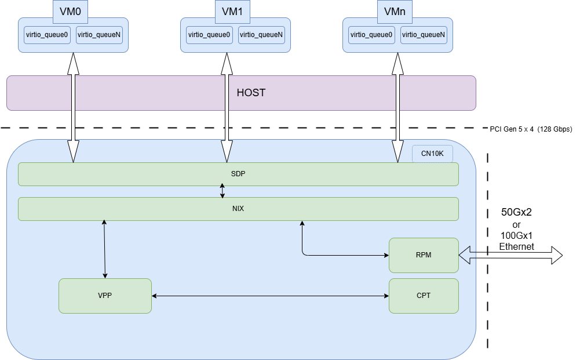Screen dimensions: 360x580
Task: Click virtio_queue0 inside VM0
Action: [47, 35]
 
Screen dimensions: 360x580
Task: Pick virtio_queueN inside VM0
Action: [99, 35]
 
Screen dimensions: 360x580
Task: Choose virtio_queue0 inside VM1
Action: [209, 35]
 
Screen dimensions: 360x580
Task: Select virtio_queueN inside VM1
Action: [261, 35]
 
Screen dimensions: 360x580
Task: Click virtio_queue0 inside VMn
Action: [371, 35]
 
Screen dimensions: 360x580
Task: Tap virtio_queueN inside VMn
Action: [424, 35]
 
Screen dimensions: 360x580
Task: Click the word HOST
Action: [251, 93]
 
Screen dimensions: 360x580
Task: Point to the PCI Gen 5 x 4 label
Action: [531, 129]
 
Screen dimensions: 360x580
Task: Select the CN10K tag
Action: [432, 154]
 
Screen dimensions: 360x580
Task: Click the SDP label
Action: [238, 173]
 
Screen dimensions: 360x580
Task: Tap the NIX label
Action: [238, 208]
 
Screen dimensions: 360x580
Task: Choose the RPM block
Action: [424, 255]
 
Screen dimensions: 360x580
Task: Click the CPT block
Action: [424, 296]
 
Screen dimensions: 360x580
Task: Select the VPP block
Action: [105, 296]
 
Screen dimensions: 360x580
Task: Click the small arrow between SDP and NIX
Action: [222, 191]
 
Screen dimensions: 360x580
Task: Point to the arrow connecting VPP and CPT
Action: [270, 296]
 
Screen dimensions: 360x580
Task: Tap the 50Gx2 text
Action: [516, 212]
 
